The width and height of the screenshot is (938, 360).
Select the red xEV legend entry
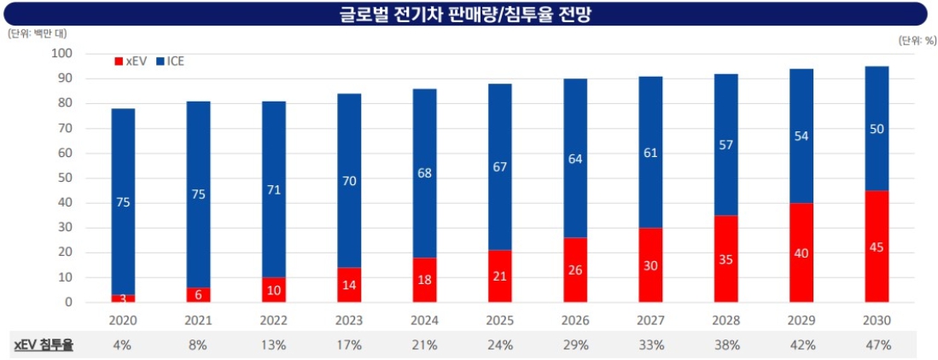tap(131, 61)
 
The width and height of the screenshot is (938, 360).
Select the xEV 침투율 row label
tap(44, 345)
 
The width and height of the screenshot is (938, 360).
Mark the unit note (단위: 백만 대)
tap(37, 33)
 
